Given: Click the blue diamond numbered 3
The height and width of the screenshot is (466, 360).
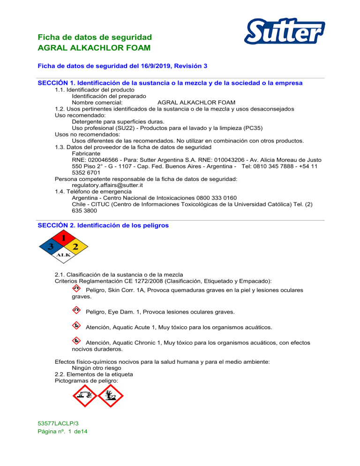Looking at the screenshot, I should (x=50, y=246).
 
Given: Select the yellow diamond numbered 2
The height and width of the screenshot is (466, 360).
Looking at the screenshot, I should (x=75, y=246).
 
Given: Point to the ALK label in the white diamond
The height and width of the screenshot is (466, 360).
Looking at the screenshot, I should (x=63, y=255).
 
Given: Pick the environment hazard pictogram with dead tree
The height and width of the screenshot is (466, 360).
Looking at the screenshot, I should (x=111, y=397).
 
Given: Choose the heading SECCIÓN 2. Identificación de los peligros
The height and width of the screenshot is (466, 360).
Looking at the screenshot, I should (x=103, y=225).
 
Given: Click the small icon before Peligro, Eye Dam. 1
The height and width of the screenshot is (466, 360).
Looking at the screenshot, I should (x=76, y=310).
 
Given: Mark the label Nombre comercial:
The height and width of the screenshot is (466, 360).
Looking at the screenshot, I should (x=97, y=102).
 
